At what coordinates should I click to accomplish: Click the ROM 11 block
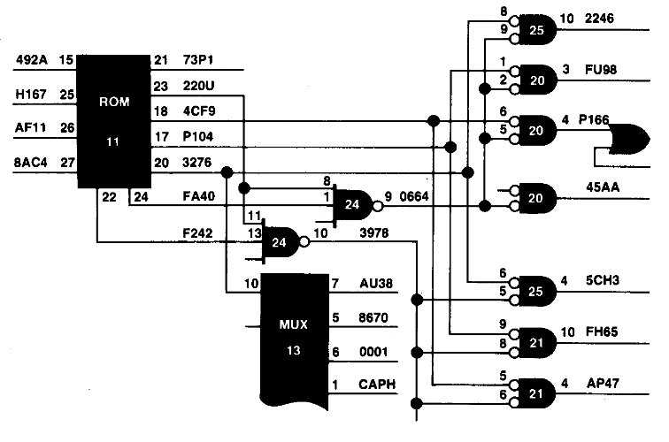pyautogui.click(x=113, y=121)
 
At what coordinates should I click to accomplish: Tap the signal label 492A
pyautogui.click(x=32, y=59)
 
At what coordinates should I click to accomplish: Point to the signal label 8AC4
pyautogui.click(x=30, y=163)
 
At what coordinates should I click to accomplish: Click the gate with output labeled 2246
pyautogui.click(x=534, y=30)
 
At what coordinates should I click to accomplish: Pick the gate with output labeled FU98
pyautogui.click(x=534, y=80)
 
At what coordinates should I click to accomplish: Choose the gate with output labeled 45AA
pyautogui.click(x=534, y=198)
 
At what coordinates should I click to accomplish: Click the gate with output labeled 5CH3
pyautogui.click(x=534, y=292)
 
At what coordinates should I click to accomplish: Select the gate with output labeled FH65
pyautogui.click(x=534, y=343)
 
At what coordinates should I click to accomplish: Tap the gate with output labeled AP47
pyautogui.click(x=534, y=393)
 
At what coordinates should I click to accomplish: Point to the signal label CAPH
pyautogui.click(x=377, y=384)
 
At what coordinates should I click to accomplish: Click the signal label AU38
pyautogui.click(x=376, y=284)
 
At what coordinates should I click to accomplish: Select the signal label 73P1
pyautogui.click(x=198, y=60)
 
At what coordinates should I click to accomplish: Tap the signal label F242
pyautogui.click(x=197, y=233)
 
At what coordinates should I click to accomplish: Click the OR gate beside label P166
pyautogui.click(x=629, y=139)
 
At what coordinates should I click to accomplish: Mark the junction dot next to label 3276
pyautogui.click(x=227, y=172)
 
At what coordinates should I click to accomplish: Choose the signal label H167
pyautogui.click(x=31, y=94)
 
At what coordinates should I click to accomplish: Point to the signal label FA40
pyautogui.click(x=199, y=196)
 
